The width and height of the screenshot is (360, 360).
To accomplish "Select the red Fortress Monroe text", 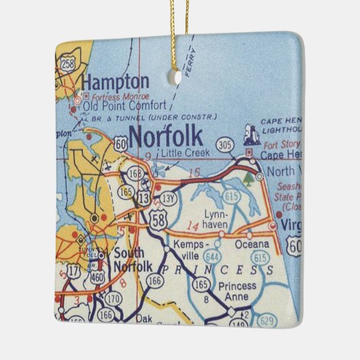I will click(113, 96).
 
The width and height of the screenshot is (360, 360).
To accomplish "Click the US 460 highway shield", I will click(98, 276).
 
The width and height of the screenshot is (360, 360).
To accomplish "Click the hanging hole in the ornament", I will click(179, 77).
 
